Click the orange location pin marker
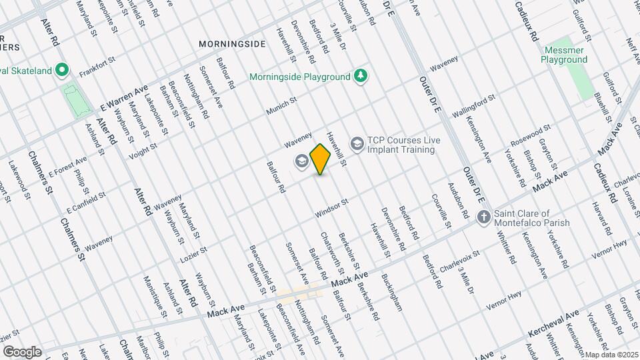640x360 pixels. pos(321,159)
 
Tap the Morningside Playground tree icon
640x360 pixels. pos(361,75)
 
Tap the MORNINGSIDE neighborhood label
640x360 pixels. pos(232,44)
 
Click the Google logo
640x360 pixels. pos(22,352)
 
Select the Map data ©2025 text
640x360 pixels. pos(611,355)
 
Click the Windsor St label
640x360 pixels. pos(331,209)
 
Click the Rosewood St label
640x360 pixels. pos(531,135)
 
